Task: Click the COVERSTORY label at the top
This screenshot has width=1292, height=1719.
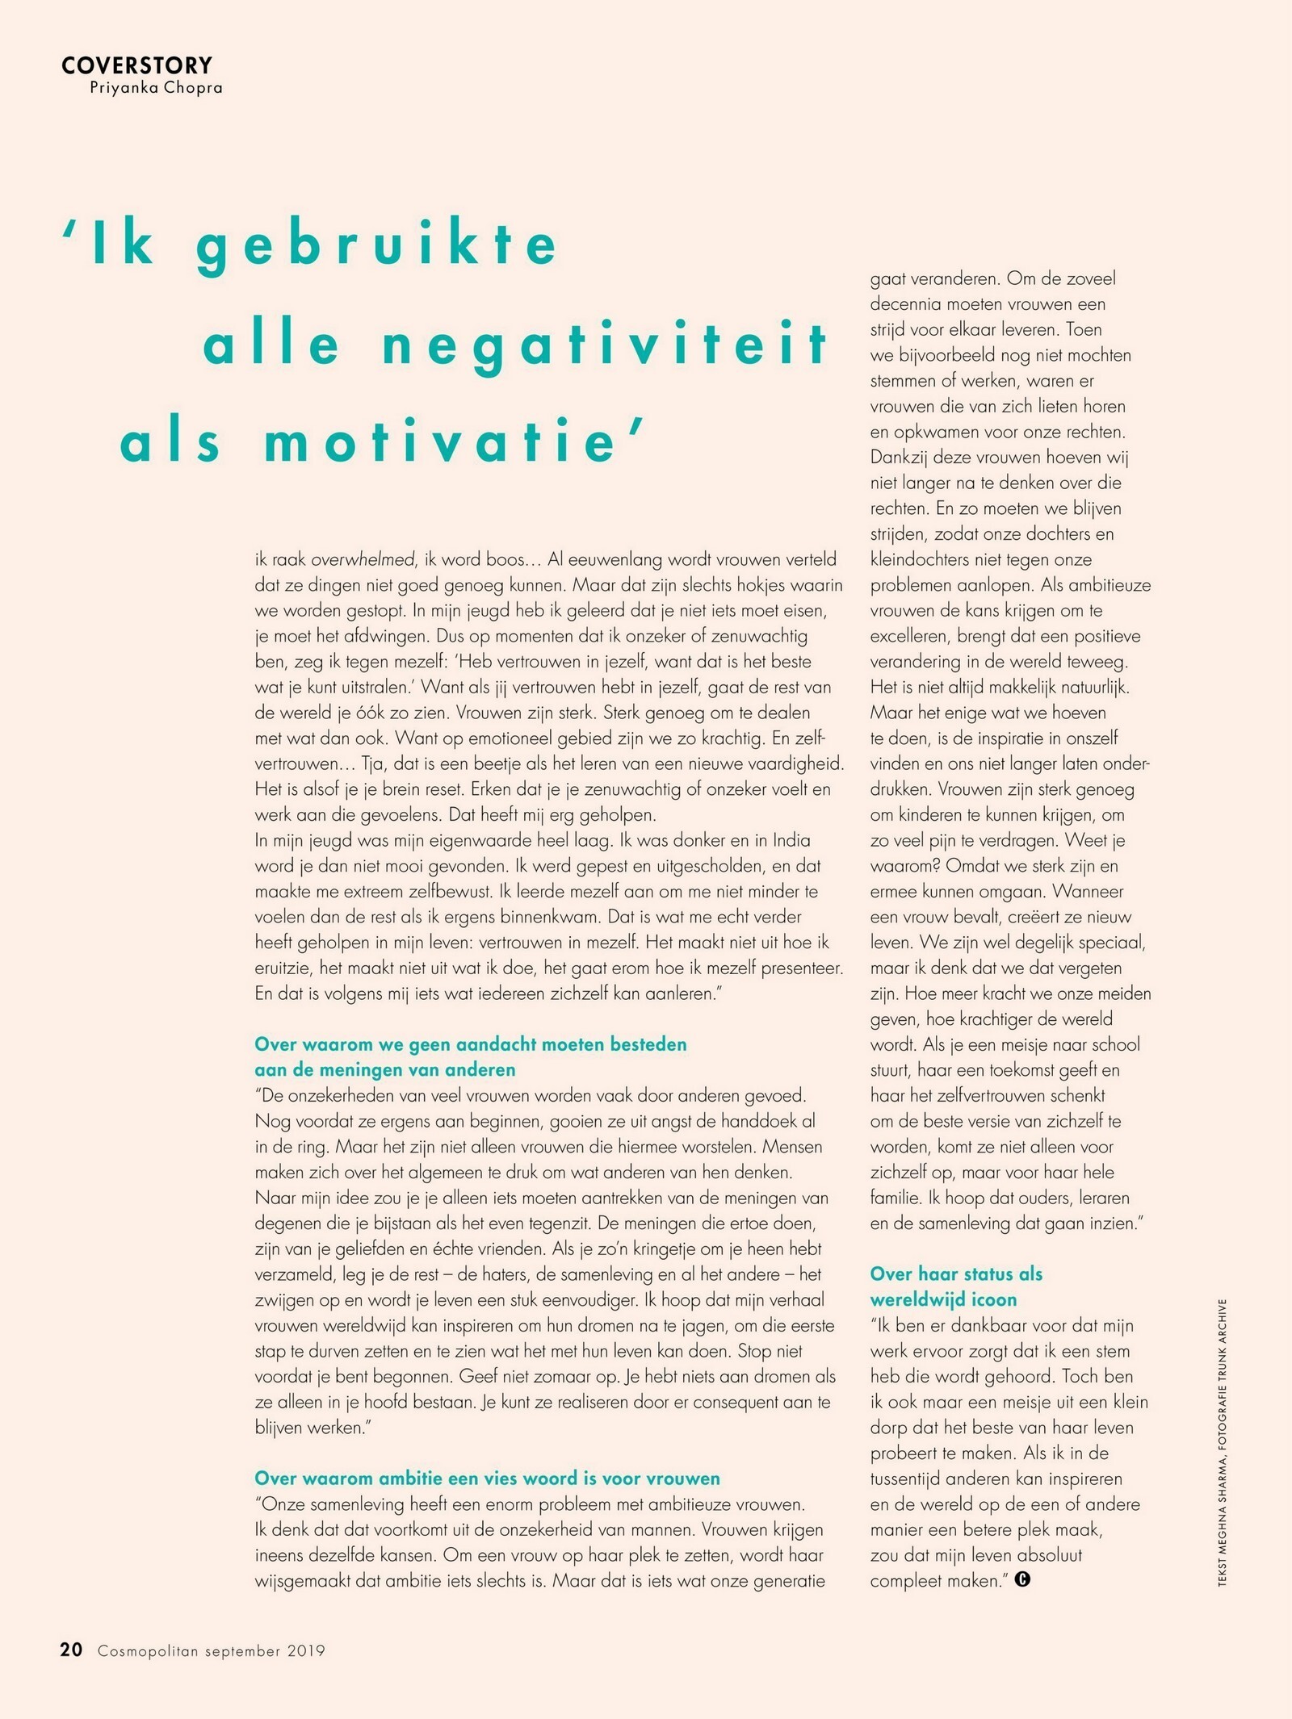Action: click(136, 65)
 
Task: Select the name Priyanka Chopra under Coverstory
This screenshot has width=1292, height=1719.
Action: click(156, 88)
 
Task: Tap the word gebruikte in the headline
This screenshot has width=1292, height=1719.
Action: click(376, 245)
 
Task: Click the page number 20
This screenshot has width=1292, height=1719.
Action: click(71, 1650)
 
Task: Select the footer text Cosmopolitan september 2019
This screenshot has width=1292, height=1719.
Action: click(211, 1651)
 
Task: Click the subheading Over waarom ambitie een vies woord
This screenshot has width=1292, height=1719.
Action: click(487, 1479)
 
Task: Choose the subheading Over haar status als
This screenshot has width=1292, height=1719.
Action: click(956, 1274)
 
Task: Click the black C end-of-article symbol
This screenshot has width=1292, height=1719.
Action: click(1022, 1579)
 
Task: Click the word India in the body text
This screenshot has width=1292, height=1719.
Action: click(791, 840)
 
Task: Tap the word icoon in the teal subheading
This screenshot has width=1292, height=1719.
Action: click(992, 1299)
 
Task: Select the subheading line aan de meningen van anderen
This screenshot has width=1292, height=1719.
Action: click(384, 1069)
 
